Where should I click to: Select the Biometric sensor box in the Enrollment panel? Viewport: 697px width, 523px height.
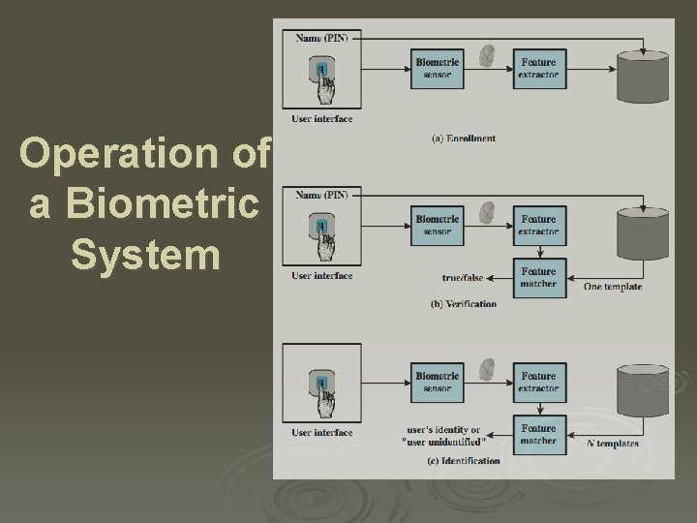[x=439, y=68]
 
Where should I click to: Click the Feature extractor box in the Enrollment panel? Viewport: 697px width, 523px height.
[x=538, y=68]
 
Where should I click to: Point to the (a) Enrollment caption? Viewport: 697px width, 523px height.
[x=463, y=138]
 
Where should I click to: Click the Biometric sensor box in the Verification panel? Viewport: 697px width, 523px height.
[x=439, y=225]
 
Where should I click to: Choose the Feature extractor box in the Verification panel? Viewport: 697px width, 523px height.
[x=538, y=225]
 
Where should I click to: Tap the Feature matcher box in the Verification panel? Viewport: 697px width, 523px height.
[x=538, y=278]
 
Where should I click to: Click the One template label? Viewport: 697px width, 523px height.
[x=613, y=287]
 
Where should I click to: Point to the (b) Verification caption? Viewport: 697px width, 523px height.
[x=463, y=304]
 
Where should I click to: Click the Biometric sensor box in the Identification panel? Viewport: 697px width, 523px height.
[x=439, y=382]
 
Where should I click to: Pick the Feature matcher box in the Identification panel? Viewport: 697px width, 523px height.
[x=538, y=434]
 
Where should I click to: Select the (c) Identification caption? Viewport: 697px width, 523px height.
[x=464, y=461]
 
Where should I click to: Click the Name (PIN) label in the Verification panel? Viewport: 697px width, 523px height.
[x=322, y=195]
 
